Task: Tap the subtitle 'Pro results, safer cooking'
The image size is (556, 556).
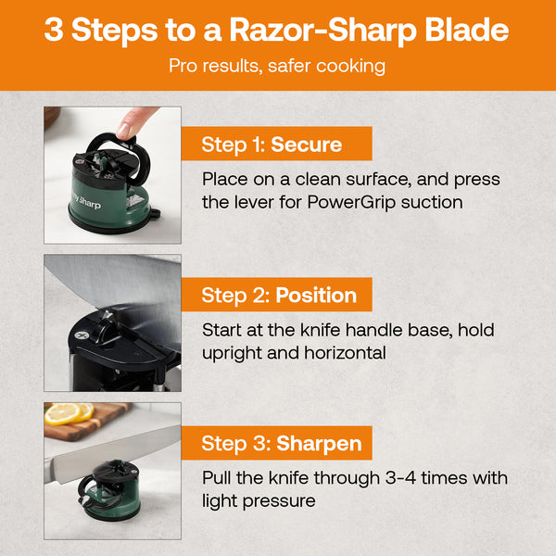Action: (x=277, y=67)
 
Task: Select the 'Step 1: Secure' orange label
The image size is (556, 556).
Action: (x=272, y=145)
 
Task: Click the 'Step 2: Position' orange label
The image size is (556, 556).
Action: (x=279, y=295)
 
